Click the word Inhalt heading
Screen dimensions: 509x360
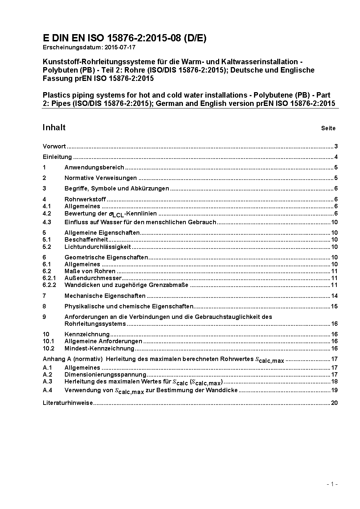(x=54, y=127)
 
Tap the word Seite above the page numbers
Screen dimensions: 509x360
(x=328, y=128)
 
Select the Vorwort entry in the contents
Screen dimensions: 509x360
(x=54, y=147)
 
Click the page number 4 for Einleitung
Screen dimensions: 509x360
(x=336, y=157)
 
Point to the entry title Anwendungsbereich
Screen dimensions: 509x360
(x=94, y=168)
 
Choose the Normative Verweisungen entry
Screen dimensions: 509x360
(x=101, y=178)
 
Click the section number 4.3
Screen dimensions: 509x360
(x=47, y=222)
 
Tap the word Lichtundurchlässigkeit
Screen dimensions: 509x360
(x=98, y=247)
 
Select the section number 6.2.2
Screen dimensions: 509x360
(x=49, y=285)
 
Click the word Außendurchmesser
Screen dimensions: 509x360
(x=93, y=278)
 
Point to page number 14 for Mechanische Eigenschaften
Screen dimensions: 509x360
(x=334, y=296)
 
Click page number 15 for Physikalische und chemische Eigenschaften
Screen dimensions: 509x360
(x=334, y=307)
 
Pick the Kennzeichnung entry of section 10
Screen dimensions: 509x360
(x=87, y=334)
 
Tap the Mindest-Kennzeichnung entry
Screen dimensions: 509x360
(x=99, y=349)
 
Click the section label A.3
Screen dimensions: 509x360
(x=48, y=382)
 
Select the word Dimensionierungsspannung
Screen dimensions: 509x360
(x=105, y=375)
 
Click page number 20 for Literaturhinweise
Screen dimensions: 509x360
(x=334, y=403)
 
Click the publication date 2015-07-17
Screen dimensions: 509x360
(x=120, y=47)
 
